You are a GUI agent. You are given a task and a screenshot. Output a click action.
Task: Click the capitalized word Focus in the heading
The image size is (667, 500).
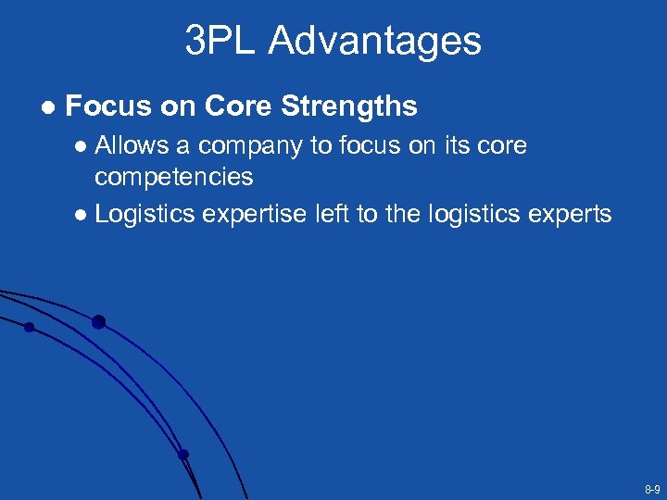point(109,107)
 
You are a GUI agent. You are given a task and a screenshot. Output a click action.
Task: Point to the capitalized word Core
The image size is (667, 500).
point(239,107)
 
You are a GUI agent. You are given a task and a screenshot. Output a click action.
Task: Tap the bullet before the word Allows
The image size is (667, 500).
point(82,147)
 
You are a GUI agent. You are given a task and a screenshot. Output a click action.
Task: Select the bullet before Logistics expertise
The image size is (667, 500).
point(82,215)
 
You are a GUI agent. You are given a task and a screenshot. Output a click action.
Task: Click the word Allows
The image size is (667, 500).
point(132,146)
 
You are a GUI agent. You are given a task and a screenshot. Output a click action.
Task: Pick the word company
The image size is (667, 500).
point(250,146)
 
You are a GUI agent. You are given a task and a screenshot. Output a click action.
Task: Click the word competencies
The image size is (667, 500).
point(174,176)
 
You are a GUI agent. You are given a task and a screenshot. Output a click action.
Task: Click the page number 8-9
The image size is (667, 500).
point(652,488)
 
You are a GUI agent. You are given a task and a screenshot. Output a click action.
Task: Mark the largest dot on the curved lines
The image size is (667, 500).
point(98,322)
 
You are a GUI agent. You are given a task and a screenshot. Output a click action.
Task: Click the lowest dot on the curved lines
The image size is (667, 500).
point(183,455)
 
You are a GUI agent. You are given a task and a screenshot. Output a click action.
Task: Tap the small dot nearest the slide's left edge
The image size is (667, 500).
point(29,327)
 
